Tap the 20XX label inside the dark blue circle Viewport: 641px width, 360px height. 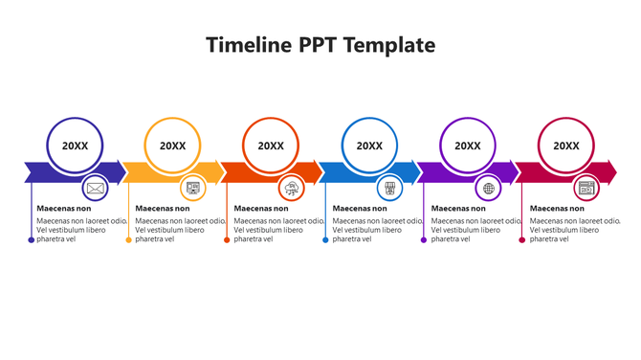75,146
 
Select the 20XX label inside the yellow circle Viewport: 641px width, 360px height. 173,146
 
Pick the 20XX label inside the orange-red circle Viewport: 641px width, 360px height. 271,146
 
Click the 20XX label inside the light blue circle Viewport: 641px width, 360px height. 369,146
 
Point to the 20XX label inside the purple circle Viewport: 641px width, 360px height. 468,146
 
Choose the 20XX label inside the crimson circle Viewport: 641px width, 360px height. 566,146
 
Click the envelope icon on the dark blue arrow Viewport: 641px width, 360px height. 95,188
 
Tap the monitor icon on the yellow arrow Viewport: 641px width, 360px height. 193,188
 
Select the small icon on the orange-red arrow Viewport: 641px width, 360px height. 292,188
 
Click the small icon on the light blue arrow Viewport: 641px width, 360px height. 389,188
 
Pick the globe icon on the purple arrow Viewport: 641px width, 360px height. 489,188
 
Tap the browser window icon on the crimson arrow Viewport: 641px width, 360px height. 586,188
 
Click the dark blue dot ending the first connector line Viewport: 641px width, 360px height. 31,239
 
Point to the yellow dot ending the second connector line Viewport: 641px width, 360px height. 128,239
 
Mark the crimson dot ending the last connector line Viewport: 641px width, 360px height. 521,239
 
